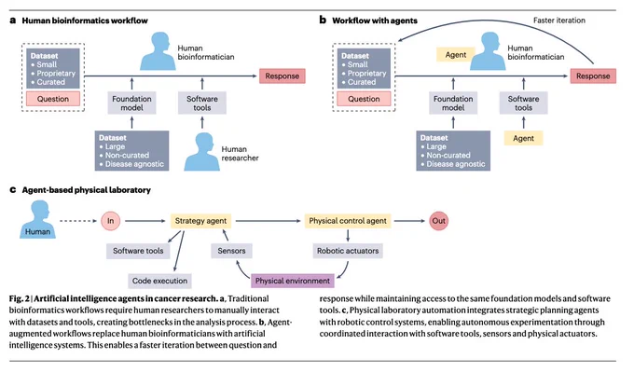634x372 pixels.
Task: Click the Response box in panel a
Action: pyautogui.click(x=283, y=76)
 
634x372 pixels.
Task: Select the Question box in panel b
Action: pyautogui.click(x=364, y=99)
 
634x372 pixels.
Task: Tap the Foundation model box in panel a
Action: pyautogui.click(x=131, y=103)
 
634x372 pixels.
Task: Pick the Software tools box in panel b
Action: pyautogui.click(x=524, y=103)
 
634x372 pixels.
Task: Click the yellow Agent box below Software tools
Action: pyautogui.click(x=524, y=138)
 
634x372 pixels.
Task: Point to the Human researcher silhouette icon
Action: pyautogui.click(x=202, y=152)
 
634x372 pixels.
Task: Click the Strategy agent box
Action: pyautogui.click(x=200, y=221)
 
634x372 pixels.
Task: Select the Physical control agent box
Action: pyautogui.click(x=348, y=221)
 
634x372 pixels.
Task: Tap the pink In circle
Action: pyautogui.click(x=110, y=221)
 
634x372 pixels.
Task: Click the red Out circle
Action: pyautogui.click(x=439, y=221)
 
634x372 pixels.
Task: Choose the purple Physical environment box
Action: pyautogui.click(x=293, y=281)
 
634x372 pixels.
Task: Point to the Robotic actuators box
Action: pyautogui.click(x=348, y=251)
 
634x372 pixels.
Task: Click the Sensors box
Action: pyautogui.click(x=231, y=251)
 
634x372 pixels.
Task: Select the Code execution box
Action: pyautogui.click(x=159, y=281)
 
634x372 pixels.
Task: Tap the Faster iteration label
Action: pyautogui.click(x=559, y=21)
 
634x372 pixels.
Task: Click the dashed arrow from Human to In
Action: pyautogui.click(x=78, y=221)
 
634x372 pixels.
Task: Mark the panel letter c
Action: pyautogui.click(x=13, y=189)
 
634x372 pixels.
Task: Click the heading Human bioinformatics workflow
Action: pyautogui.click(x=85, y=21)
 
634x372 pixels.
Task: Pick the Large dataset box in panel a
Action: pyautogui.click(x=131, y=151)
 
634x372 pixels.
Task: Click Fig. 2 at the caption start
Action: pyautogui.click(x=19, y=299)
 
